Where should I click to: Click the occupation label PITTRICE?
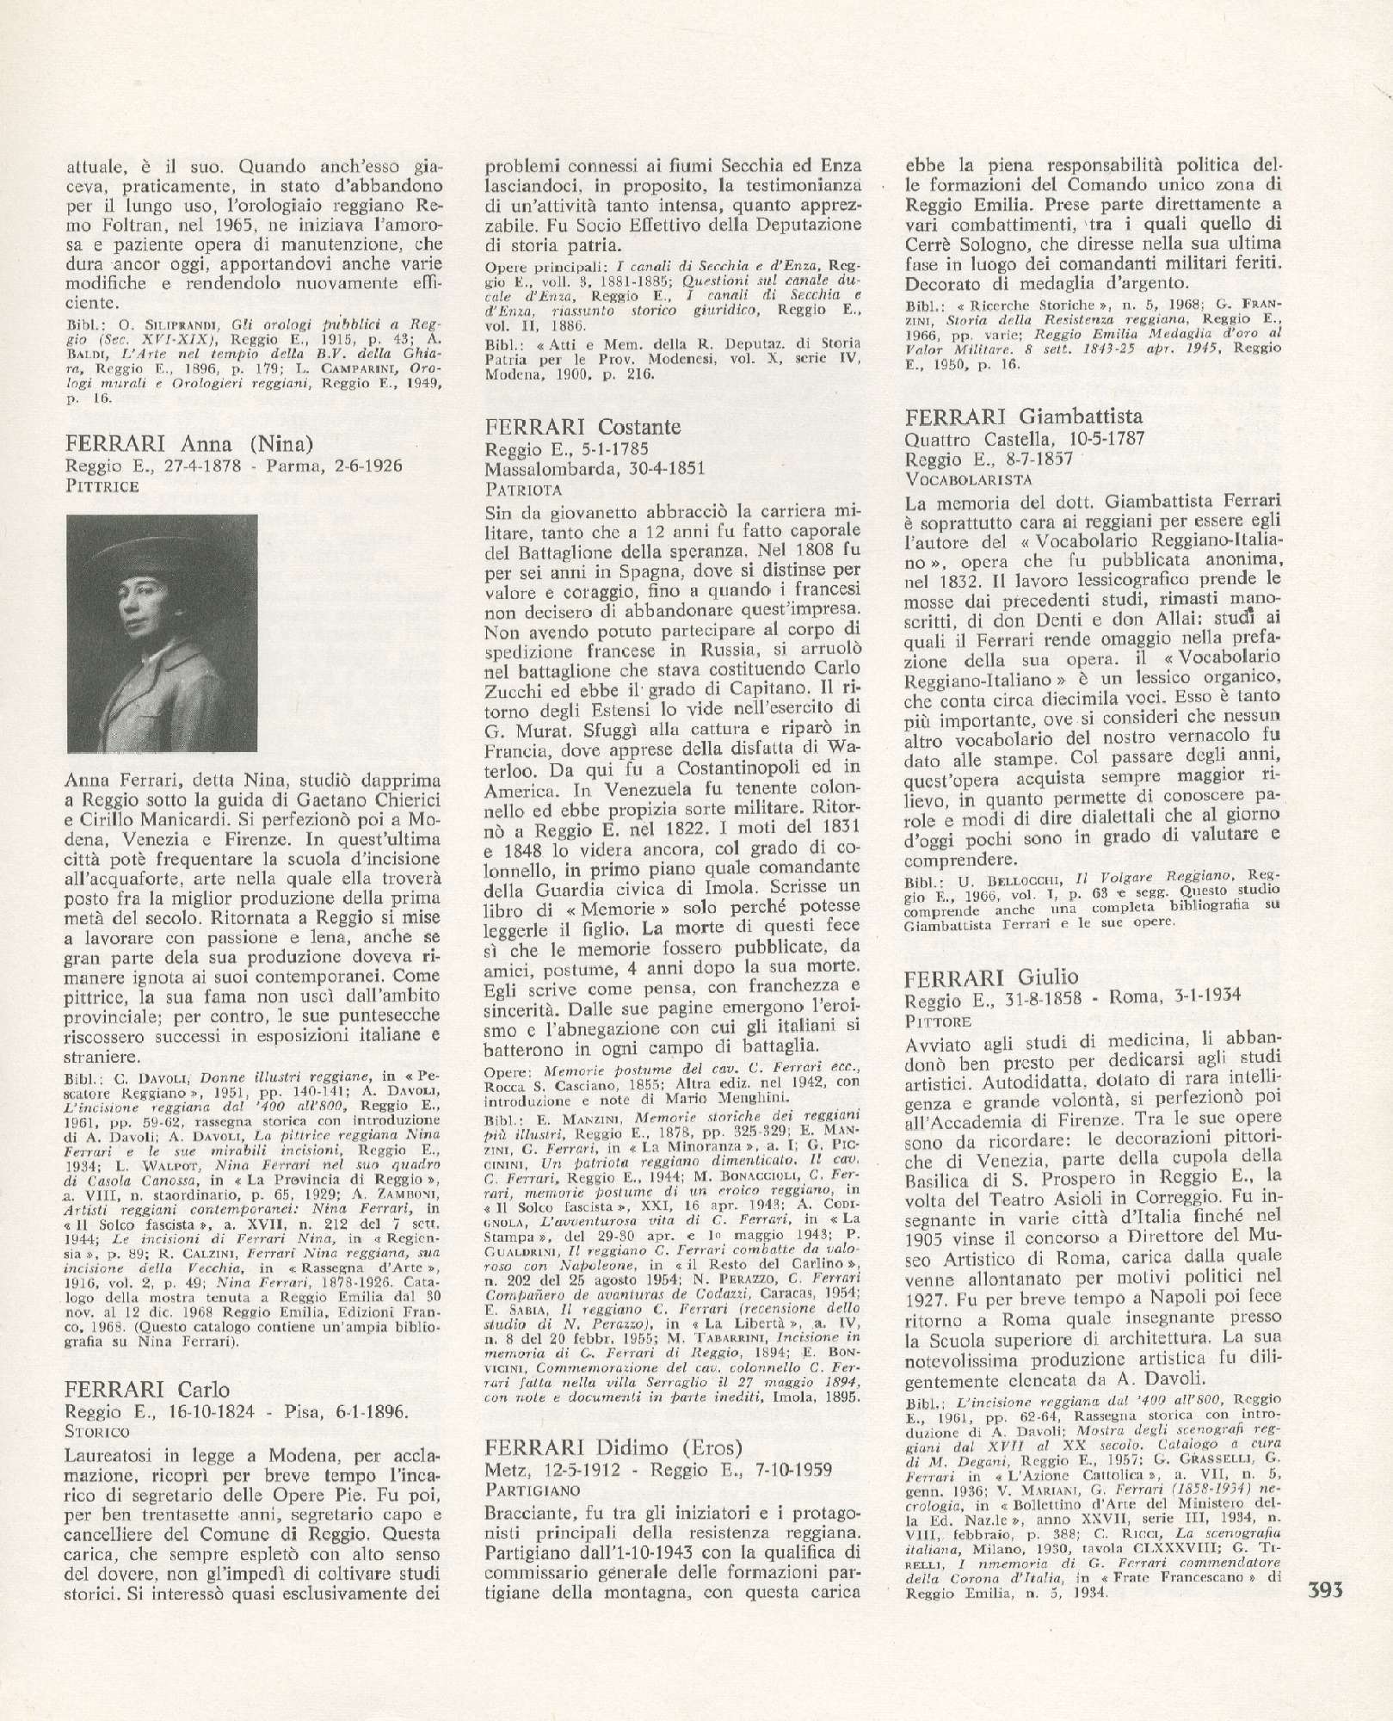[101, 486]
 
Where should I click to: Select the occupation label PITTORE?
[939, 1021]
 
